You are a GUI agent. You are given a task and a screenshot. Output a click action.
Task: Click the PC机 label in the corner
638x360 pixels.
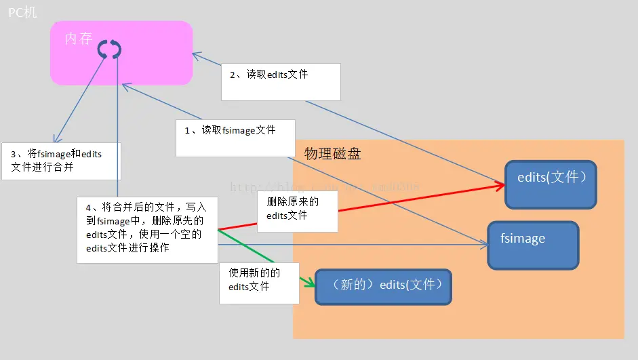point(22,13)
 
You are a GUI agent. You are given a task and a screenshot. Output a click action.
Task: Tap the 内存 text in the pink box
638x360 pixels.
point(78,39)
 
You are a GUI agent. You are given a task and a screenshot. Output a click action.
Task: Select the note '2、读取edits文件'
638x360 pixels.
point(281,82)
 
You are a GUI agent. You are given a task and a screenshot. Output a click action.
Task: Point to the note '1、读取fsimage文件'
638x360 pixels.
point(235,138)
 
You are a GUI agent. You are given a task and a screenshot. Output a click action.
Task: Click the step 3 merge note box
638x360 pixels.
point(61,161)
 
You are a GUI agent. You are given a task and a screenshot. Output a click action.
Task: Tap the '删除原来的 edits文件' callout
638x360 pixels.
point(297,210)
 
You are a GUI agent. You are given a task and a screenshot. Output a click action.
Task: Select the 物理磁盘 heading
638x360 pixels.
point(332,154)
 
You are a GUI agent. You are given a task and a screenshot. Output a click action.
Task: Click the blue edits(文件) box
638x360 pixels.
point(551,184)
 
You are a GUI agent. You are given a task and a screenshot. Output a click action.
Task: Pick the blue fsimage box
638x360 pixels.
point(533,245)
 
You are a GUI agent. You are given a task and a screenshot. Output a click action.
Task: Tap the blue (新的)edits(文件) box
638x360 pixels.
point(382,285)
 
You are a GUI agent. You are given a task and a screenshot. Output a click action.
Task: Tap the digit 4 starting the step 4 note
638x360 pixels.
point(87,207)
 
